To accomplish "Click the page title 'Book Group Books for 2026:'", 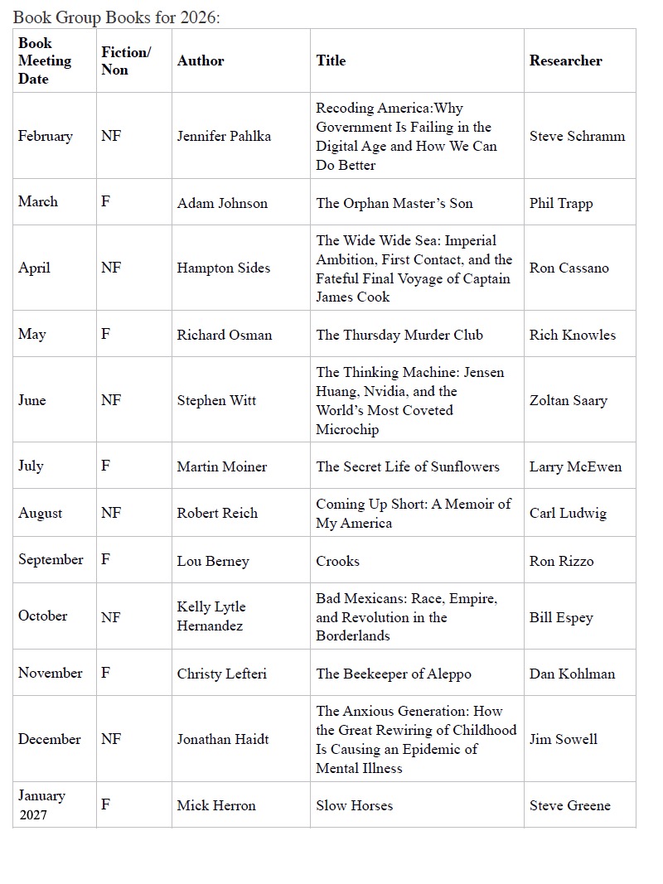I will pos(117,17).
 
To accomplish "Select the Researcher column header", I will pos(565,60).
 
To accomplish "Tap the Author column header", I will pos(201,60).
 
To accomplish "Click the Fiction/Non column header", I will pos(126,60).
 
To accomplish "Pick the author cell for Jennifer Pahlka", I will pos(224,136).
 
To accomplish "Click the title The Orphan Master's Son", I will pos(394,203).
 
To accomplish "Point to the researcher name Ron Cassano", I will pos(569,268).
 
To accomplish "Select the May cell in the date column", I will pos(32,334).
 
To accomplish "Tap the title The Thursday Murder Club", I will pos(399,335).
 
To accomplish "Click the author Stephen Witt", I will pos(216,400).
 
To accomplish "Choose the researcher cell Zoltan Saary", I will pos(568,400).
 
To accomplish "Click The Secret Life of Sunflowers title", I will pos(408,466).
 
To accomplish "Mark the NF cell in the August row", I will pos(111,513).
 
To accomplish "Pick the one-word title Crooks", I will pos(337,561).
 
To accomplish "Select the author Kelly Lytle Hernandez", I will pos(211,616).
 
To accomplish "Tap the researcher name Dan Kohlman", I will pos(572,674).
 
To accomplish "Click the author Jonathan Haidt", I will pos(222,739).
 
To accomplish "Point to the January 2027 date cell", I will pos(41,804).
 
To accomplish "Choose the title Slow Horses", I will pos(354,805).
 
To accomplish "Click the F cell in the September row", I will pos(105,559).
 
